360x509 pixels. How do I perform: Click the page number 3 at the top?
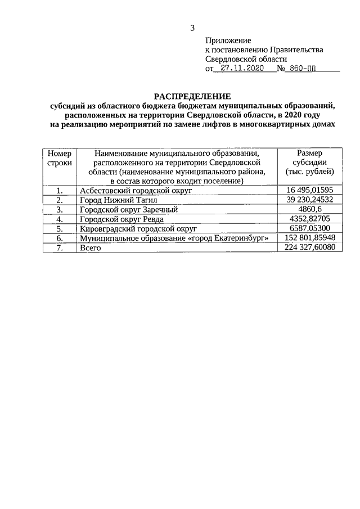(x=193, y=28)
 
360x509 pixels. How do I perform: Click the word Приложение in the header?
(x=228, y=40)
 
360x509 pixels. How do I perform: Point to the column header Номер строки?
(x=60, y=157)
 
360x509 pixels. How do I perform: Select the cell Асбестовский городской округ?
(x=135, y=191)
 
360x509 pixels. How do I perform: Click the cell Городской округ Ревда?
(x=122, y=219)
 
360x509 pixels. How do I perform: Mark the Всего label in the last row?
(x=91, y=247)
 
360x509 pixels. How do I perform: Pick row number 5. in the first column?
(x=60, y=228)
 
